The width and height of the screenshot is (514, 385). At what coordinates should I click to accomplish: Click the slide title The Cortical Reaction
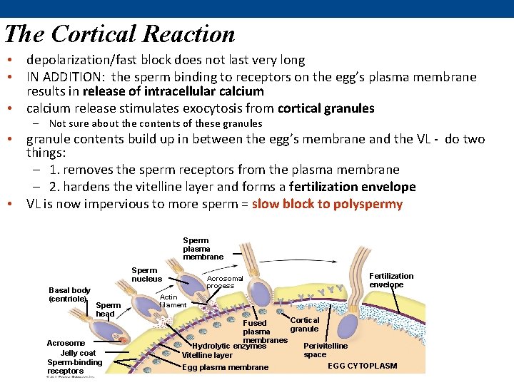pos(119,34)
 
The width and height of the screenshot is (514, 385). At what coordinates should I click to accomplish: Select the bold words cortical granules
pos(326,108)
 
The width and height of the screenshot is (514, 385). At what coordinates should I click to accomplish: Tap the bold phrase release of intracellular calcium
pos(173,91)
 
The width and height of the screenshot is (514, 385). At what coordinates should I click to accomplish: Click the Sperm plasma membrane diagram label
pos(203,249)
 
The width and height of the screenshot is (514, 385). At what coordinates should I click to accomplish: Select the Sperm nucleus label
pos(146,274)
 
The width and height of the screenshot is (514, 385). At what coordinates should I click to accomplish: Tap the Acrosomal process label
pos(225,282)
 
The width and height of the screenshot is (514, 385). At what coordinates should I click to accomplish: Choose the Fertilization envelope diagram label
pos(390,280)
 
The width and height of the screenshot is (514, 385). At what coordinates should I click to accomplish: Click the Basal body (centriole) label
pos(69,294)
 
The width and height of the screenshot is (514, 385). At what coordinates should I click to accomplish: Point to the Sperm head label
pos(107,309)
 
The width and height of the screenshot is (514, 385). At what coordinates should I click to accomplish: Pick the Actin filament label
pos(172,301)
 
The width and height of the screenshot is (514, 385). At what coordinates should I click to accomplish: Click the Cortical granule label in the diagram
pos(304,324)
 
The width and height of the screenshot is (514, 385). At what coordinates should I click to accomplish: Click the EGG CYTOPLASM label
pos(362,366)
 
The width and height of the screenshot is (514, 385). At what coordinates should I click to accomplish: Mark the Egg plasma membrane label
pos(225,367)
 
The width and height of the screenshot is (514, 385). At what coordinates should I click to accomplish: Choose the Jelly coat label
pos(78,353)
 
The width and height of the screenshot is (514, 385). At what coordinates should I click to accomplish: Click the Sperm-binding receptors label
pos(74,366)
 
